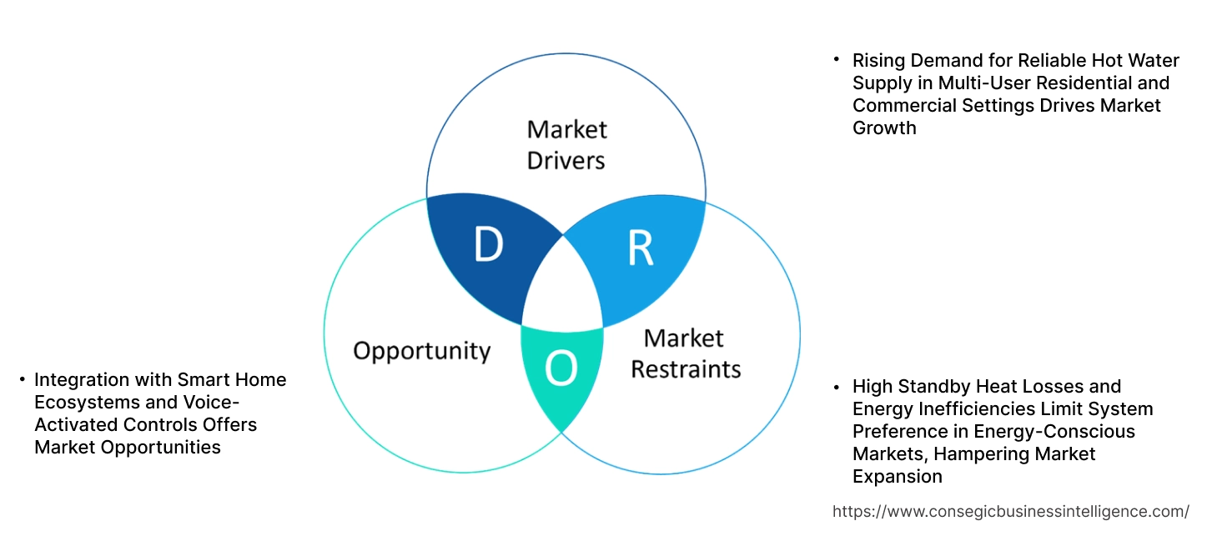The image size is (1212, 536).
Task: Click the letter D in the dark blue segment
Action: tap(488, 244)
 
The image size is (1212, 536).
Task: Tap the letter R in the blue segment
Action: tap(640, 248)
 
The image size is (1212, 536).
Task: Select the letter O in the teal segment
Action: tap(561, 369)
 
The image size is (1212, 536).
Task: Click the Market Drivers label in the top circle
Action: tap(566, 144)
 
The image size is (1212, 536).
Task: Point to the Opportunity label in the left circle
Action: tap(421, 350)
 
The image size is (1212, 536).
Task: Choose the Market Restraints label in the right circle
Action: tap(685, 353)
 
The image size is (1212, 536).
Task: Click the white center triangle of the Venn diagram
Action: tap(563, 288)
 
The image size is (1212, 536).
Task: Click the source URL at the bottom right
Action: tap(1011, 511)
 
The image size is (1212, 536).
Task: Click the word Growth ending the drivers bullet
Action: tap(884, 128)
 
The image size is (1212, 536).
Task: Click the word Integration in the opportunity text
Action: tap(82, 380)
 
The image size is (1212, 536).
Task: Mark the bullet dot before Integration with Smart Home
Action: tap(23, 380)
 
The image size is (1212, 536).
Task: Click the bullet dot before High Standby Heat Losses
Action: tap(837, 387)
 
